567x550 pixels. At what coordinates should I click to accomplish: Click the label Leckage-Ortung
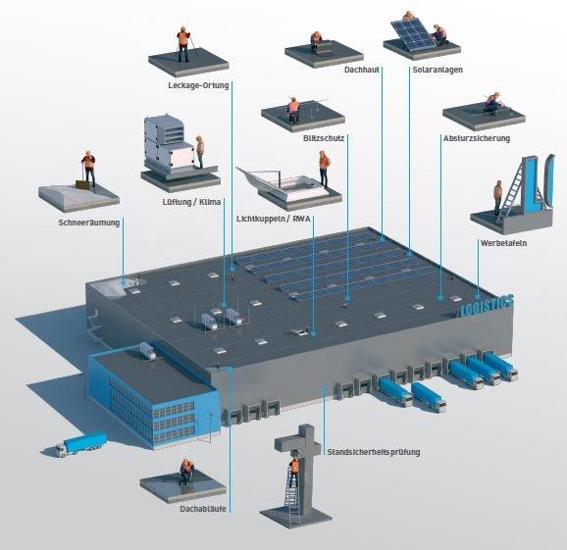(x=198, y=85)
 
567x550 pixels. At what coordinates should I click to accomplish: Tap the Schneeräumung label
(x=89, y=223)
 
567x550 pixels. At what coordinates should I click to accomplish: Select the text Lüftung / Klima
(x=191, y=202)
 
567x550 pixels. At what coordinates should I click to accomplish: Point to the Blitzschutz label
(x=324, y=138)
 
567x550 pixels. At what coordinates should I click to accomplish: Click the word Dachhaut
(x=362, y=70)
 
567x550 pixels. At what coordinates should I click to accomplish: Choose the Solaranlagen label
(x=438, y=70)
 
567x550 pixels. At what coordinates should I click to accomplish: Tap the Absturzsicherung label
(x=477, y=138)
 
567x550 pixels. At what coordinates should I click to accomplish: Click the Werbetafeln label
(x=503, y=243)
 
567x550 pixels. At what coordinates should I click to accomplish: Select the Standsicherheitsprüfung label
(x=374, y=452)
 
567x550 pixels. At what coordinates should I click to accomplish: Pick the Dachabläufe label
(x=203, y=509)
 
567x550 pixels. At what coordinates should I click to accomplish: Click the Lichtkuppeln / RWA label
(x=274, y=219)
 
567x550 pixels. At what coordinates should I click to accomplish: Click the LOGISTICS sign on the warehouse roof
(x=488, y=307)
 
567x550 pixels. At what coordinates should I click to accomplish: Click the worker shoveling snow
(x=88, y=168)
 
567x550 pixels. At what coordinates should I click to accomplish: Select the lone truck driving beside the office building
(x=81, y=444)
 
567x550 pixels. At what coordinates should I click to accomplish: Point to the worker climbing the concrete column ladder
(x=293, y=471)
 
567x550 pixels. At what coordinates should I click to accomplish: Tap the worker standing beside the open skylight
(x=324, y=169)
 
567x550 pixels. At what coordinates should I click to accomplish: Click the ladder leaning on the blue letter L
(x=511, y=192)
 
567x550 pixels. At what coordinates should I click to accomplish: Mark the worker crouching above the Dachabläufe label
(x=186, y=471)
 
